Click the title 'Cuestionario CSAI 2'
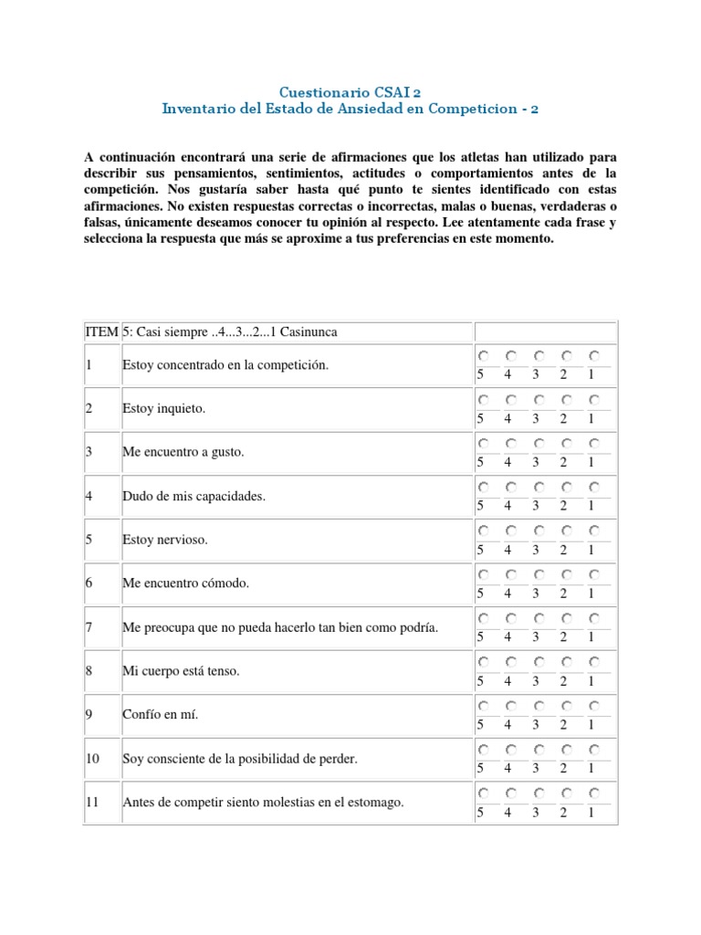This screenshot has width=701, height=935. coord(350,92)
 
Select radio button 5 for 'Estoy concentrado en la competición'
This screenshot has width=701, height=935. coord(482,355)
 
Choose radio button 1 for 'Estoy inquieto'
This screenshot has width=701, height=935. coord(593,399)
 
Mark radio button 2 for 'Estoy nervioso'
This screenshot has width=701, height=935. coord(566,531)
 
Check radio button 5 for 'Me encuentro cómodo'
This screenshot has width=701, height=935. coord(482,574)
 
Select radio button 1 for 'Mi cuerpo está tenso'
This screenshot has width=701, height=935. coord(593,662)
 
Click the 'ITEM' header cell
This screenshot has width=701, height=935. coord(101,331)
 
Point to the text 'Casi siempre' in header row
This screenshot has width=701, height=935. coord(172,331)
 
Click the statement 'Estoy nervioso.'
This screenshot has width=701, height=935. coord(165,540)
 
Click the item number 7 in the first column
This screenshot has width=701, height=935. coord(89,627)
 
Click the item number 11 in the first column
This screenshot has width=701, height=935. coord(92,803)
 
